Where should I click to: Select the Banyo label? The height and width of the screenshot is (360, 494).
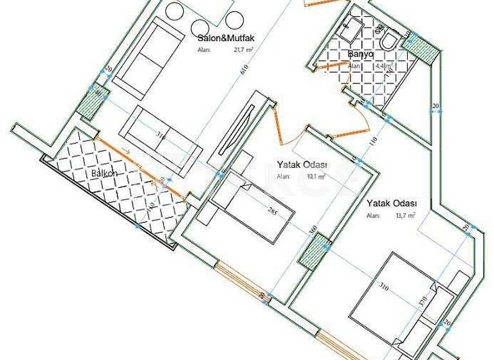360,55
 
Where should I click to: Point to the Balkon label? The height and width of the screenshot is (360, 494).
104,174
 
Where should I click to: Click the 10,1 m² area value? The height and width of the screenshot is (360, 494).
315,174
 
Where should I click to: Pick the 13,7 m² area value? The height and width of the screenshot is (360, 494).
405,216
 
